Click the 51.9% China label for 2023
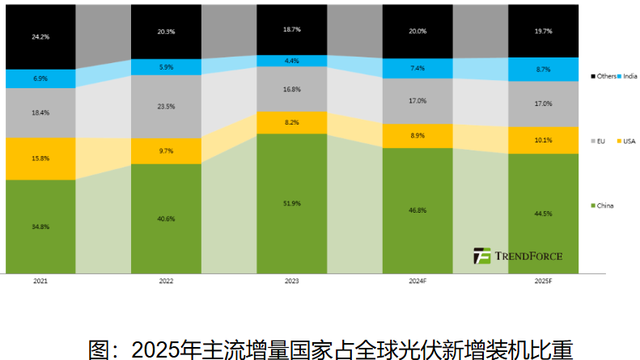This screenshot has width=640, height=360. coord(292,203)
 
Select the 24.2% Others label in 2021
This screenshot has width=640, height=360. coord(40,36)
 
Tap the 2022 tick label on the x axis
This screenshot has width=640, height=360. coord(166,282)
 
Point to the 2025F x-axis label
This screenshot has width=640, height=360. coord(544,282)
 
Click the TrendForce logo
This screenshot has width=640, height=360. coord(518,256)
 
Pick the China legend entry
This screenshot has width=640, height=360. coord(604,205)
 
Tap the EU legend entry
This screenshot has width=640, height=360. coord(600,141)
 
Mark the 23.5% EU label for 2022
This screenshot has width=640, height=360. coord(166,105)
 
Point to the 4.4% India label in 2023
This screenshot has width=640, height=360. coord(292,61)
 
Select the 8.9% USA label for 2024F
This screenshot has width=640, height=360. coord(418,136)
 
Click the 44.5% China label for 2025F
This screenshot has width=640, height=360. coord(544,214)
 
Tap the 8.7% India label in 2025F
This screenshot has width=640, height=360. coord(544,70)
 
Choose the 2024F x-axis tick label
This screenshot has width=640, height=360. coord(418,282)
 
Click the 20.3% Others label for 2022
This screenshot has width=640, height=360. coord(166,32)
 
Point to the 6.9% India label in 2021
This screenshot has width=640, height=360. coord(40,78)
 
